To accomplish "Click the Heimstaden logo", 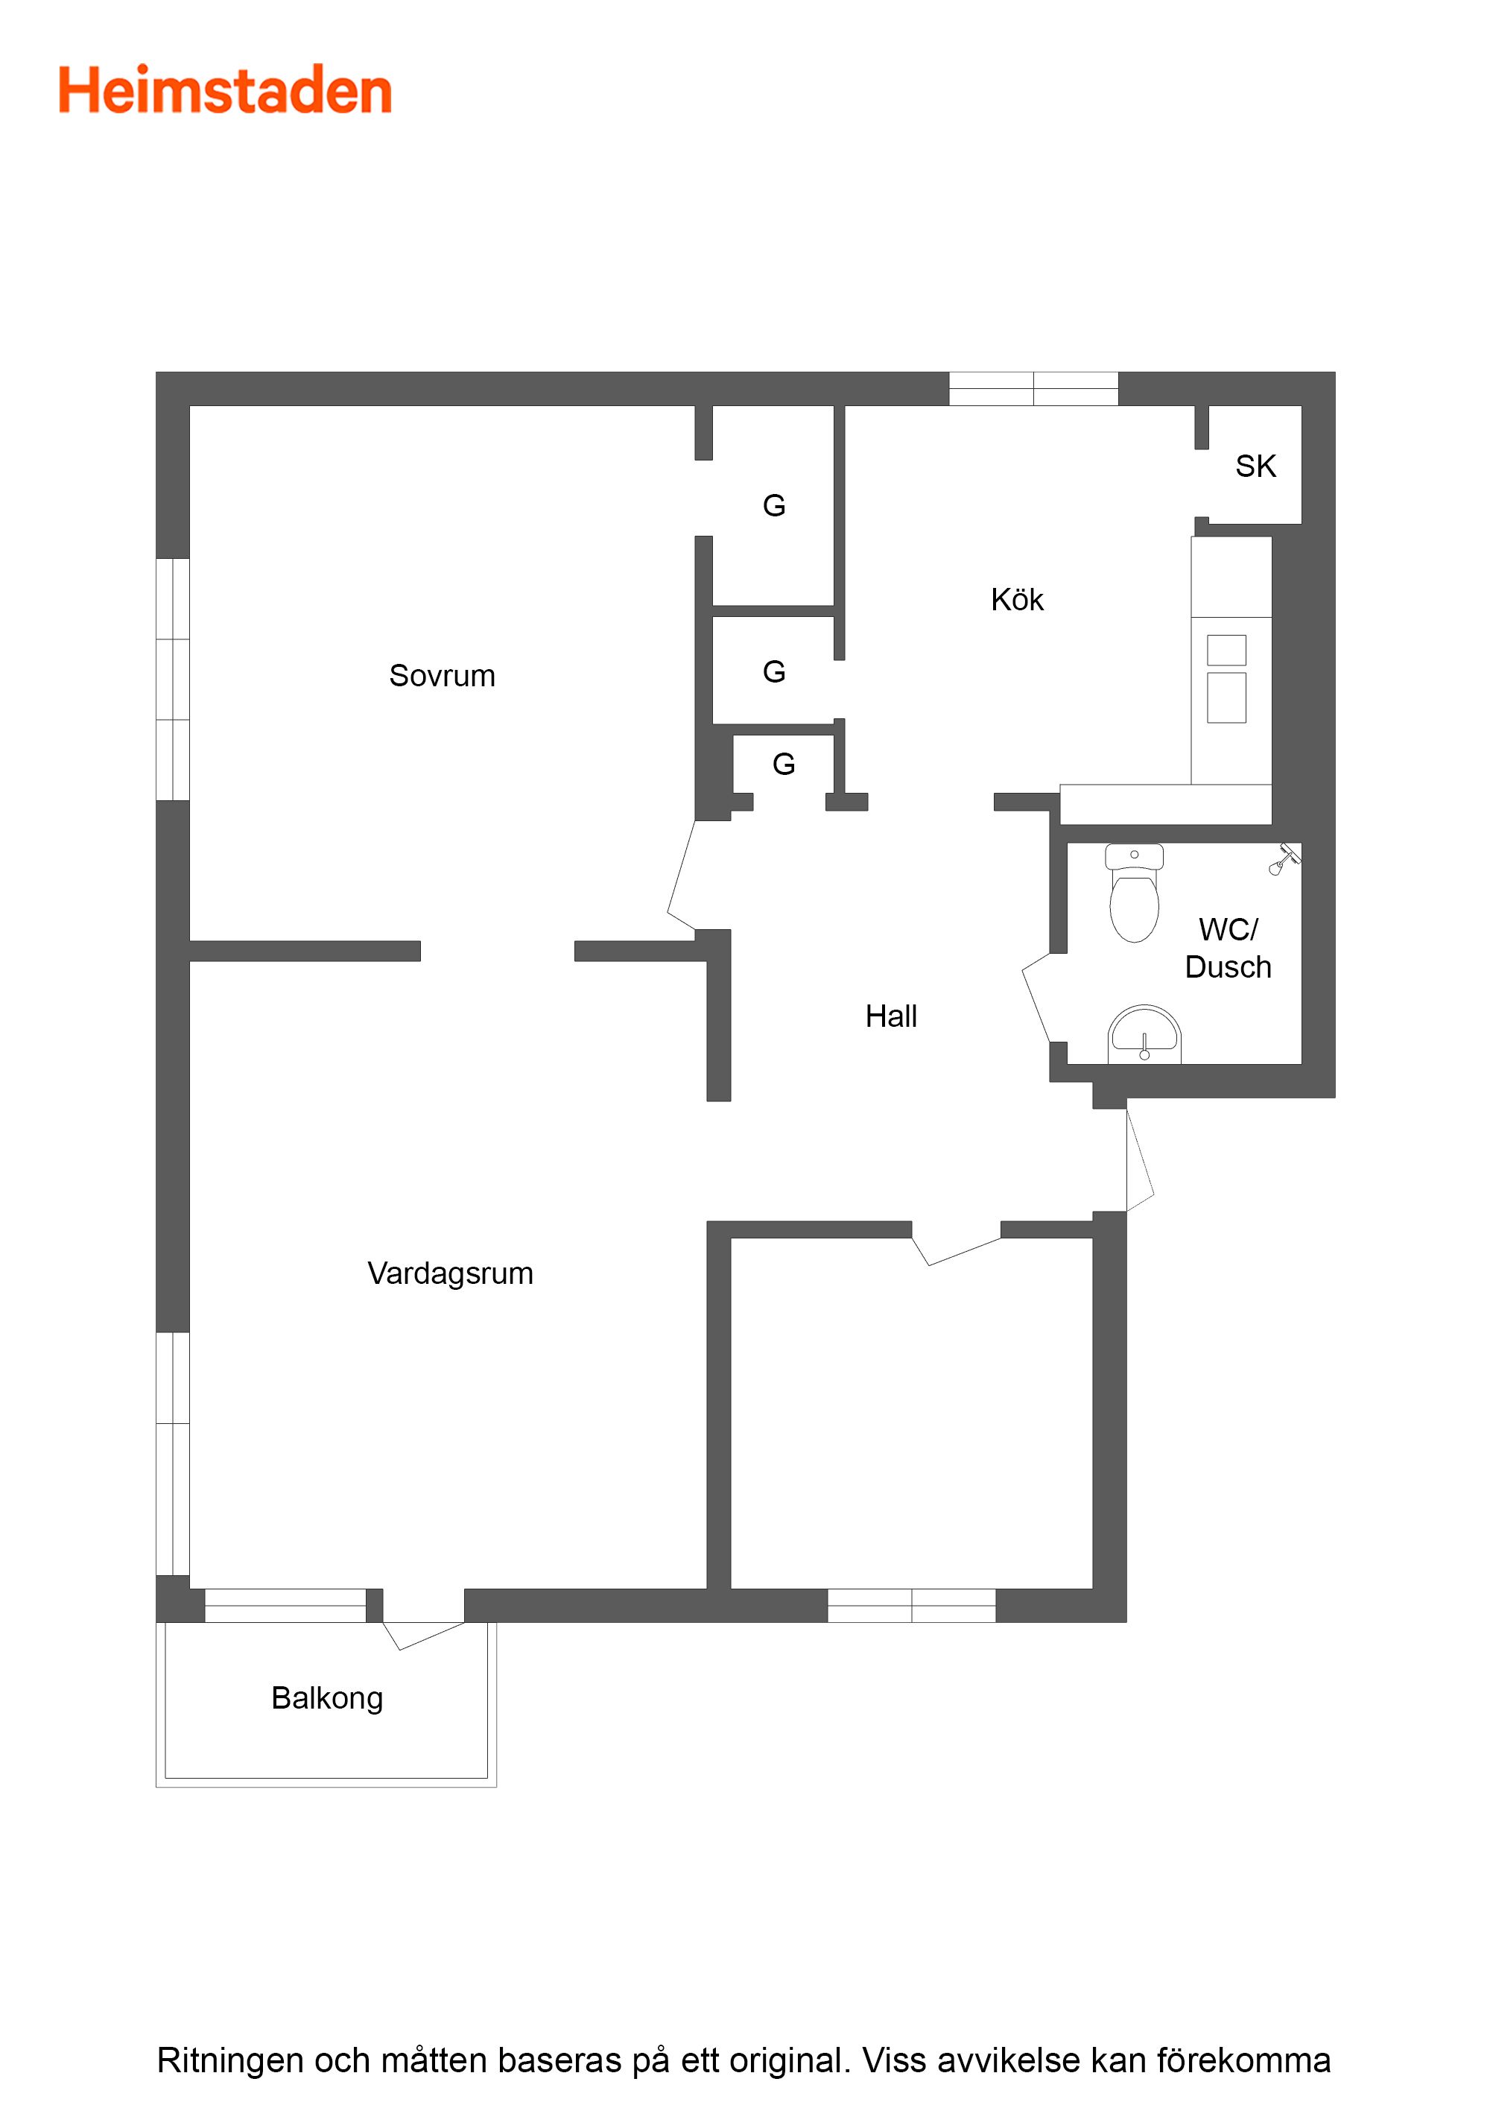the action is coord(225,90).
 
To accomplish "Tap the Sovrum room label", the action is coord(442,676).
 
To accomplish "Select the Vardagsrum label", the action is coord(450,1273).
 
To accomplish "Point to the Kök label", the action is coord(1017,600).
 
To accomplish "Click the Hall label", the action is coord(890,1016).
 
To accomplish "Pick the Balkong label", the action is coord(327,1698).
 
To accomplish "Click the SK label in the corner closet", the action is coord(1255,466).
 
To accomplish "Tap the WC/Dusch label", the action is coord(1228,949).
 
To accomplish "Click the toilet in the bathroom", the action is coord(1135,893).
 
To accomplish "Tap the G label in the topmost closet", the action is coord(774,506).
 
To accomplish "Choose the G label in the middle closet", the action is coord(774,672).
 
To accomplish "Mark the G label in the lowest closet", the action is coord(783,764).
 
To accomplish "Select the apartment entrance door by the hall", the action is coord(1139,1159).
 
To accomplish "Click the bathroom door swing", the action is coord(1036,997).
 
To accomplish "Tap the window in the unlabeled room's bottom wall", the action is coord(912,1606).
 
